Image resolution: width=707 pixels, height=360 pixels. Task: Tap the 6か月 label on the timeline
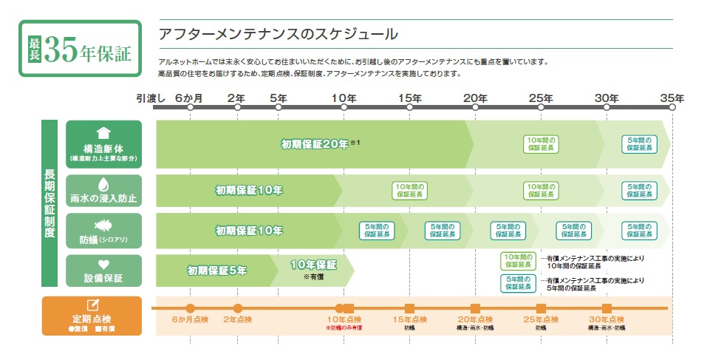188,98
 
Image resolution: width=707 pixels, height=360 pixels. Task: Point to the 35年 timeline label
672,98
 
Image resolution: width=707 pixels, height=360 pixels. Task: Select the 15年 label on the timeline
409,98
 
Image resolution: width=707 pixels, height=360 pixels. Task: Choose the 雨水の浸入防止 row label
103,191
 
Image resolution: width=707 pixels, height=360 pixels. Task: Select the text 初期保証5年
217,271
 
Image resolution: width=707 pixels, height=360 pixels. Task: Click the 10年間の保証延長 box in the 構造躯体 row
541,144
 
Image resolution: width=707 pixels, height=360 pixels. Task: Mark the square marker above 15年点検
409,308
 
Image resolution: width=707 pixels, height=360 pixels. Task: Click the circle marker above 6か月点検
190,308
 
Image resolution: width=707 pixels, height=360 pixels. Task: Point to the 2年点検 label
237,319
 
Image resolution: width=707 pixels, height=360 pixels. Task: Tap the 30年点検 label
607,319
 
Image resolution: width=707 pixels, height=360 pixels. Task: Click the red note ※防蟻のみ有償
344,327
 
